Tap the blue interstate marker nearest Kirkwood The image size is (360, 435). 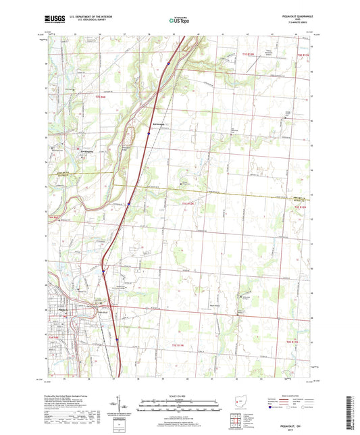pos(149,134)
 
